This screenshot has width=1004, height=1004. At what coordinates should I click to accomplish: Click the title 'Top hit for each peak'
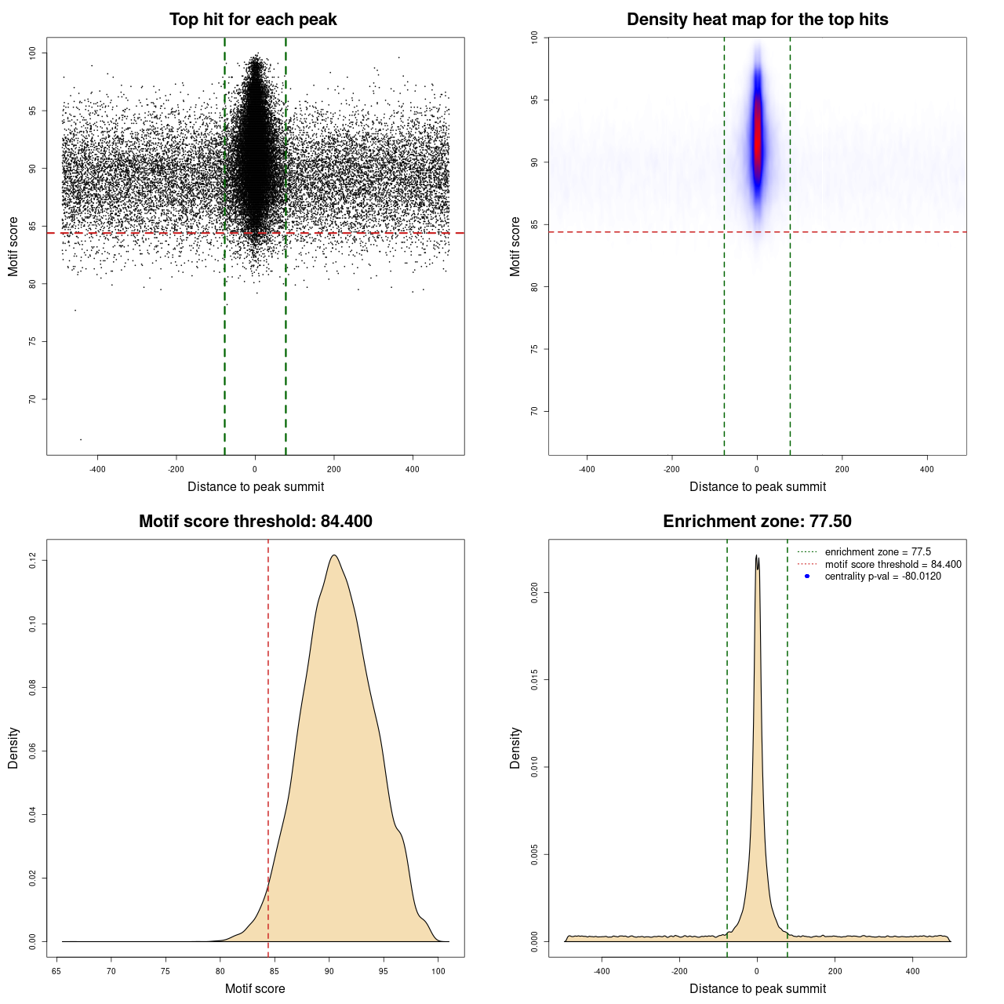[253, 20]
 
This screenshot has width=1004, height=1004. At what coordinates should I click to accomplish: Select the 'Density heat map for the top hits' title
[757, 20]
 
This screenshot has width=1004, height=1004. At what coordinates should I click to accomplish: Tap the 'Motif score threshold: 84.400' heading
[255, 522]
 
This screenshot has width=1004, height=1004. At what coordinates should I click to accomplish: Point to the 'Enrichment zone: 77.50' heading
[757, 522]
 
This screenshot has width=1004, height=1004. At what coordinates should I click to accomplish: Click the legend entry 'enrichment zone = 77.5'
[878, 552]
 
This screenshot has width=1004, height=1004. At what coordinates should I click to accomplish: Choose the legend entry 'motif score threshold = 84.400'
[893, 564]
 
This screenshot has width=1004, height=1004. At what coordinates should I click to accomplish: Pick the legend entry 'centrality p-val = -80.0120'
[882, 577]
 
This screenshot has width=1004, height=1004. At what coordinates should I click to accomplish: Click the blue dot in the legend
[807, 577]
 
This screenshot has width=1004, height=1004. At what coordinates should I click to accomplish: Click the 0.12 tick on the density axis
[33, 560]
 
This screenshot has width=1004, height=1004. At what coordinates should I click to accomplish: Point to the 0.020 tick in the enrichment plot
[535, 593]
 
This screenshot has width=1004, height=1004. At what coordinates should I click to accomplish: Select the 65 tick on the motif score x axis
[56, 971]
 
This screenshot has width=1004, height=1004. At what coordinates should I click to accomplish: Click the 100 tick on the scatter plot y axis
[33, 53]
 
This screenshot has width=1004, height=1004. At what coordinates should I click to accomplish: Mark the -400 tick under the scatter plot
[97, 469]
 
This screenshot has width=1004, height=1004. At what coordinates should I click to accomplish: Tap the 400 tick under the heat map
[927, 469]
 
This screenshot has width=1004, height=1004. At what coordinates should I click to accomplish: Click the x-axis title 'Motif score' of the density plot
[255, 988]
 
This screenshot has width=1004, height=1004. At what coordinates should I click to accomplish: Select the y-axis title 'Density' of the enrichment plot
[515, 748]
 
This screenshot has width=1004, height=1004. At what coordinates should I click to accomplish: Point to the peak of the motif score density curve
[334, 555]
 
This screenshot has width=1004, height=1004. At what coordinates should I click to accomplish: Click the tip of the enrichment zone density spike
[756, 555]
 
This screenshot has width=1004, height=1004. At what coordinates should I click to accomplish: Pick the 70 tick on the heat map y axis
[535, 411]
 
